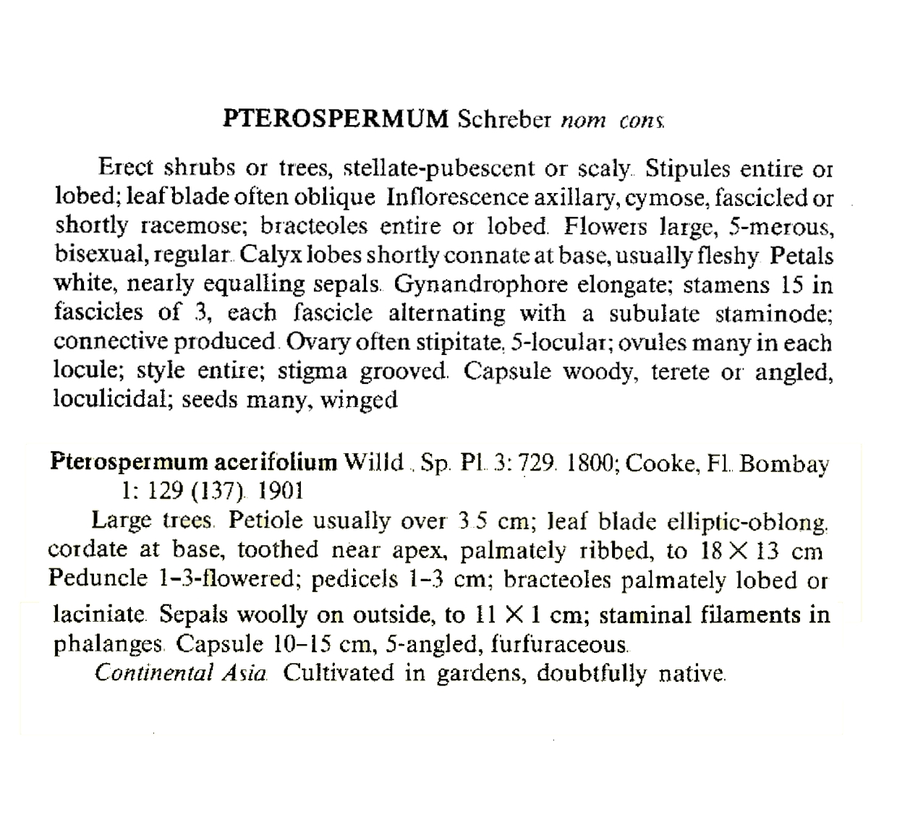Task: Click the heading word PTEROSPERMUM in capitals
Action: click(336, 119)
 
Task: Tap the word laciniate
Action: click(101, 615)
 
